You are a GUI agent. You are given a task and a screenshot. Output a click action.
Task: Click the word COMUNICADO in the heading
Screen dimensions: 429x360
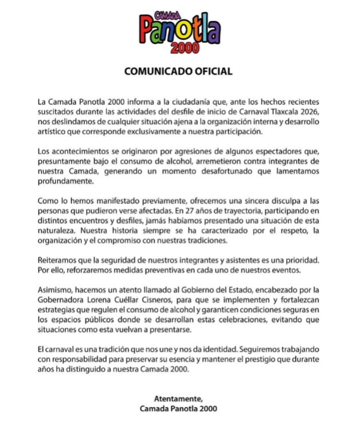pos(161,71)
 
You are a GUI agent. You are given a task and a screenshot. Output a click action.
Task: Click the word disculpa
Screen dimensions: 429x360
pos(281,201)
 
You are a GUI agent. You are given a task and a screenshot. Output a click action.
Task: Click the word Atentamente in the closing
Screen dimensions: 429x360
pos(178,398)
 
